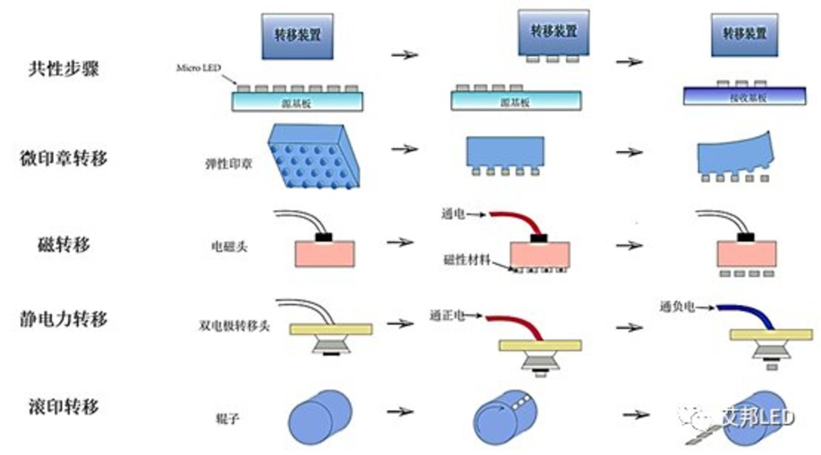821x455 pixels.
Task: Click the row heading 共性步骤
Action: pyautogui.click(x=63, y=69)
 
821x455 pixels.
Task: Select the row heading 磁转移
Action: pyautogui.click(x=63, y=244)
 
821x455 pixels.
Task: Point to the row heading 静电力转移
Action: pyautogui.click(x=63, y=319)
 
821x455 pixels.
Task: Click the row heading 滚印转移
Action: pyautogui.click(x=63, y=406)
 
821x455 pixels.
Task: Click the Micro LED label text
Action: pyautogui.click(x=198, y=68)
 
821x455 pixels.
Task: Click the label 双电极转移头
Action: pyautogui.click(x=234, y=326)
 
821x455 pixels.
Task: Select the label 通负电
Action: pyautogui.click(x=677, y=306)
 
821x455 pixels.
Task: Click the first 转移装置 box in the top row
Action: pyautogui.click(x=298, y=36)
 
